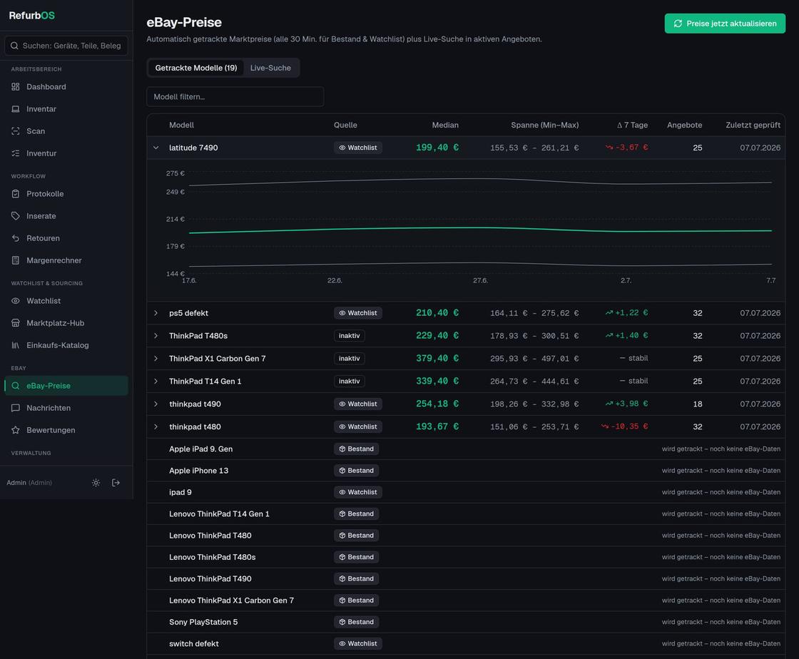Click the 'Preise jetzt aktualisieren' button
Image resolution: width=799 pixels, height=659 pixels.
click(x=725, y=24)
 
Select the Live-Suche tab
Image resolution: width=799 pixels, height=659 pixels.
click(x=270, y=68)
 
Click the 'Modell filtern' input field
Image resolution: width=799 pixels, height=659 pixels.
click(x=235, y=97)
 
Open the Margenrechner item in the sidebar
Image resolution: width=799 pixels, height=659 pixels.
click(x=54, y=260)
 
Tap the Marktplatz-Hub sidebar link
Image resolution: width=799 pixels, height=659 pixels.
click(x=55, y=323)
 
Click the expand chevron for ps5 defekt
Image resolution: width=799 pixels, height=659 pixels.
click(x=156, y=313)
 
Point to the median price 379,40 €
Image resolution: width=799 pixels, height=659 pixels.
click(x=437, y=359)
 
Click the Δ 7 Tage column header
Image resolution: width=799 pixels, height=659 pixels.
click(x=632, y=126)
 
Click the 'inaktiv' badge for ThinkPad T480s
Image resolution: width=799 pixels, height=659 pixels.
click(x=349, y=336)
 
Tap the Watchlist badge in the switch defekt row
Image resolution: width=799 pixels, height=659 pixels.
click(x=357, y=644)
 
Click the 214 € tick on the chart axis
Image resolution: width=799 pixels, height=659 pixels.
click(x=175, y=219)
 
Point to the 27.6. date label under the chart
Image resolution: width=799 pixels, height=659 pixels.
click(x=480, y=280)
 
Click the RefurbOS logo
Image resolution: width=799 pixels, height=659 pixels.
click(x=31, y=15)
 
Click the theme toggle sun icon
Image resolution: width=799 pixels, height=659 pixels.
click(x=96, y=483)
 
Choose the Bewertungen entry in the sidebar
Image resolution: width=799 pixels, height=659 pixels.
click(x=51, y=430)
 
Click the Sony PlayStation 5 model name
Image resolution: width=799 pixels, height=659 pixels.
click(x=203, y=623)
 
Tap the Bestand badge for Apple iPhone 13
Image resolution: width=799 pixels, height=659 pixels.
click(x=356, y=471)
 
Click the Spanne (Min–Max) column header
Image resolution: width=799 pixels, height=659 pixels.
click(x=545, y=126)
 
